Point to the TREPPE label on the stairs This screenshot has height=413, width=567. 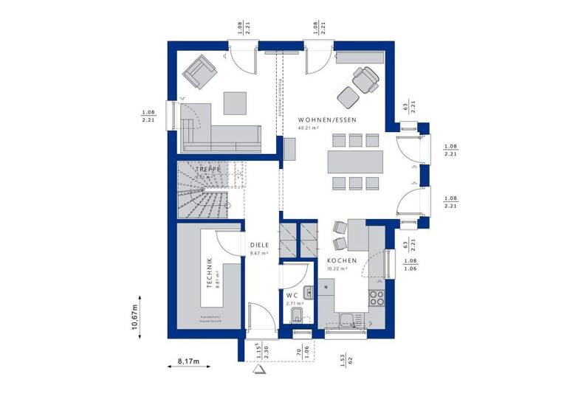[x=209, y=169]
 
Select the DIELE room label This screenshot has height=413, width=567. [x=259, y=246]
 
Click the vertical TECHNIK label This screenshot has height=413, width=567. [x=210, y=273]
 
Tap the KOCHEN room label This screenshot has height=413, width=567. [x=343, y=261]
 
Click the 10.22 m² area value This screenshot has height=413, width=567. [x=337, y=270]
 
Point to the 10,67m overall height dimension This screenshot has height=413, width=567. [x=135, y=317]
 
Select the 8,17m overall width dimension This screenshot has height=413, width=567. [x=189, y=361]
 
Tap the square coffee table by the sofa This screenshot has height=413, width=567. [x=237, y=102]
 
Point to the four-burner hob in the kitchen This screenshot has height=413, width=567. [x=376, y=298]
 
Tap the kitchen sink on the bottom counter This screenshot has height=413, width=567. [x=348, y=318]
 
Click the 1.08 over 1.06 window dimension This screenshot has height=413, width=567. [x=410, y=264]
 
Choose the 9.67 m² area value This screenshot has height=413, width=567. [x=258, y=254]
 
